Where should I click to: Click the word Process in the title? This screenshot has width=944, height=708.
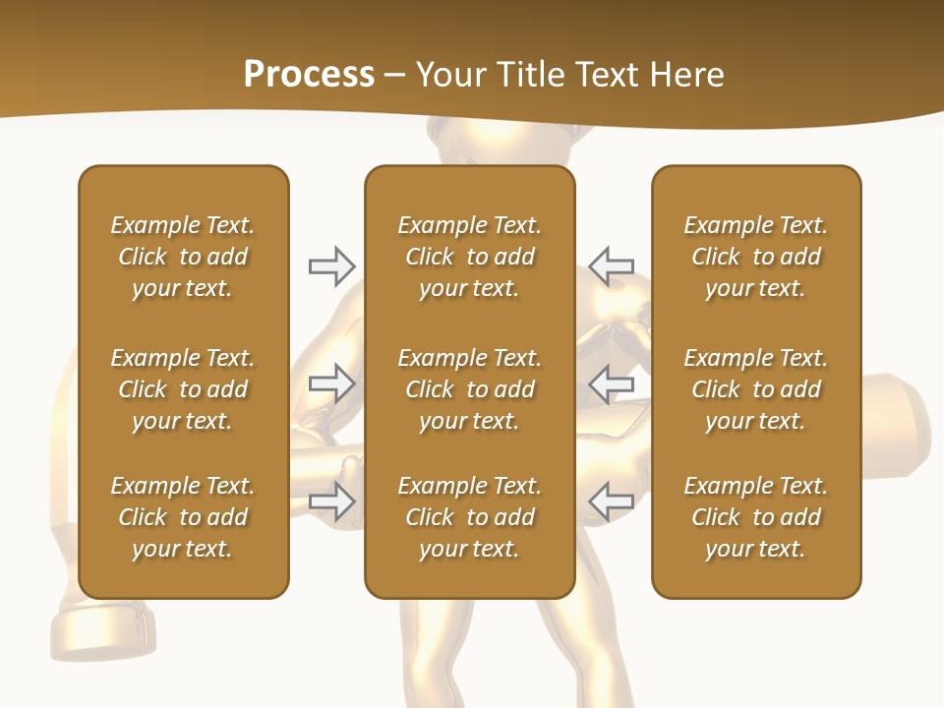tap(309, 74)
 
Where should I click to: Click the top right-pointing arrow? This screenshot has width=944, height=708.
tap(331, 266)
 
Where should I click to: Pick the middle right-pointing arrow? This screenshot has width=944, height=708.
tap(331, 383)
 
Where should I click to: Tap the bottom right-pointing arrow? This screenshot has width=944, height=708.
tap(331, 501)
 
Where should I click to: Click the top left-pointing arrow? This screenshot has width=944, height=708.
tap(611, 266)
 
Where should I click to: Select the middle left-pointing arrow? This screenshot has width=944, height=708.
tap(611, 383)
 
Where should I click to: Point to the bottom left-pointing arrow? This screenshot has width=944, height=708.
tap(611, 501)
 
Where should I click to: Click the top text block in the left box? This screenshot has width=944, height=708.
tap(183, 257)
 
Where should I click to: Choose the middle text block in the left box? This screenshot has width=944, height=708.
tap(183, 389)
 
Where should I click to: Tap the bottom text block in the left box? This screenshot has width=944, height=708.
tap(183, 517)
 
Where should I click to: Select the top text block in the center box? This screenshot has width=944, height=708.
tap(469, 257)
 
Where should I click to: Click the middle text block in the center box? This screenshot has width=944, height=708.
tap(469, 389)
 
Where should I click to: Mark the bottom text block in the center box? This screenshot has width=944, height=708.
tap(469, 517)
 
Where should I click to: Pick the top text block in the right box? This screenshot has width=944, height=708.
tap(755, 257)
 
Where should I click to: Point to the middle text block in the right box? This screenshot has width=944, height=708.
tap(755, 389)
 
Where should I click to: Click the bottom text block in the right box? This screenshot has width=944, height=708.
tap(755, 517)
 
